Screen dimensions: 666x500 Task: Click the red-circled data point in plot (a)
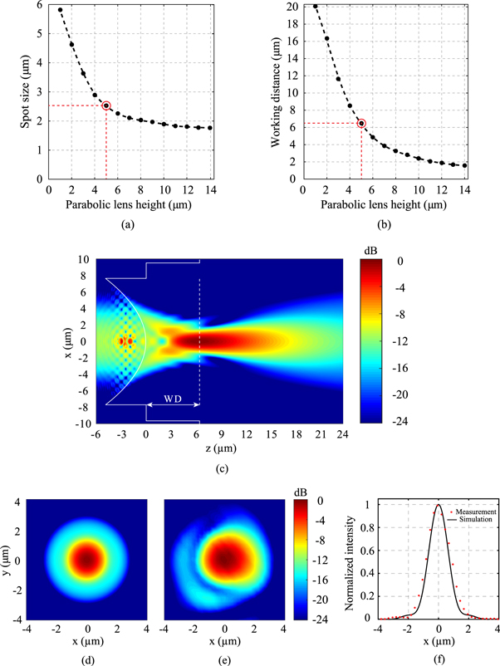click(x=106, y=105)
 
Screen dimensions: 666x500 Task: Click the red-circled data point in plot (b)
click(x=361, y=123)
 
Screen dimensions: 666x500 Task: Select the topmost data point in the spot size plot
click(x=61, y=10)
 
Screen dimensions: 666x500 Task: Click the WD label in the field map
click(x=173, y=398)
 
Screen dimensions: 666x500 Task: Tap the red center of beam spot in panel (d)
click(x=89, y=558)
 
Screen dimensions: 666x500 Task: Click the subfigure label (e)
click(x=225, y=654)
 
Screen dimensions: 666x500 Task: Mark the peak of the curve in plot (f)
click(x=439, y=504)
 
